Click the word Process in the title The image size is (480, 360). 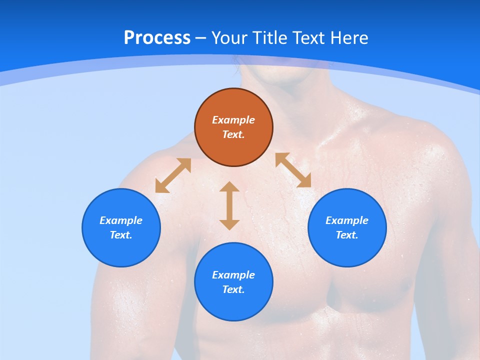coord(157,38)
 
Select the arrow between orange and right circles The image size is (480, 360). coord(293,170)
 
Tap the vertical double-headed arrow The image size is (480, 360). coord(229,205)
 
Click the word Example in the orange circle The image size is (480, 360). coord(233,120)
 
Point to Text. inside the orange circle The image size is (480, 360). coord(233,134)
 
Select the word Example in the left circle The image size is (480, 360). coord(121,220)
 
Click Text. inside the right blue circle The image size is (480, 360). coord(347,235)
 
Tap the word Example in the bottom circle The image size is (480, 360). coord(233,275)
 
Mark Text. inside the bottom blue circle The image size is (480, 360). coord(233,289)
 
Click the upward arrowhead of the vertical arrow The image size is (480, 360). coord(229,187)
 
